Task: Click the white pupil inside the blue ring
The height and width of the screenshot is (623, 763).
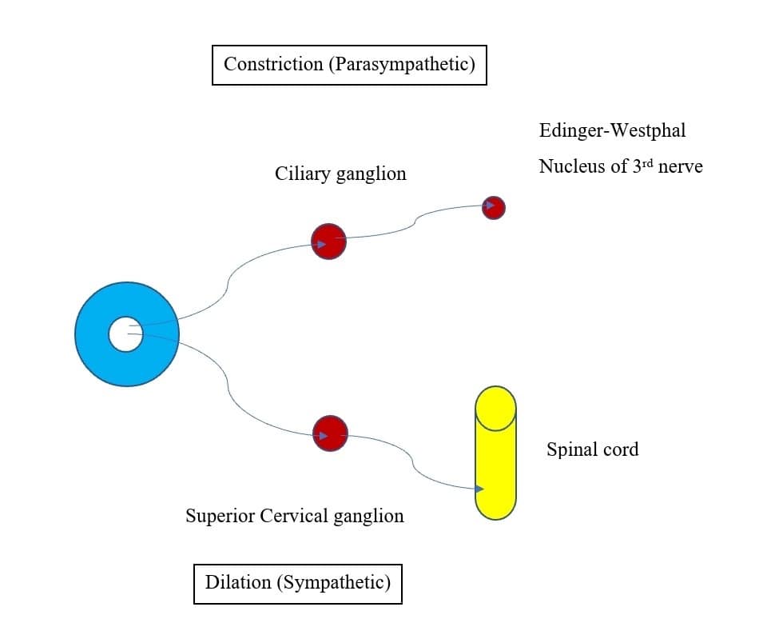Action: (125, 334)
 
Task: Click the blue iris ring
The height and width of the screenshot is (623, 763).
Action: (92, 334)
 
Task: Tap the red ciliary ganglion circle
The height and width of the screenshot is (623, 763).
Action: (328, 241)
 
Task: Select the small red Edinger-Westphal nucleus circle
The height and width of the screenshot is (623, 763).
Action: (494, 208)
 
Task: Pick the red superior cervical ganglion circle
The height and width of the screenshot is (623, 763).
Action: (330, 433)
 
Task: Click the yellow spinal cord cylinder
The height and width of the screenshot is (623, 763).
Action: (495, 464)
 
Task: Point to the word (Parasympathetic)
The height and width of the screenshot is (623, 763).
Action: (402, 64)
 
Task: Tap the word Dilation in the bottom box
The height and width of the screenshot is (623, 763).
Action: (238, 582)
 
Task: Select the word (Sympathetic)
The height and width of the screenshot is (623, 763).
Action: (334, 582)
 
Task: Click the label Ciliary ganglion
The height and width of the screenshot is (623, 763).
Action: (340, 174)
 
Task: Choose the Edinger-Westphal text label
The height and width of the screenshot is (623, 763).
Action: (612, 130)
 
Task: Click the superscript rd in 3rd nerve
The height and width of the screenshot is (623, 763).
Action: (648, 163)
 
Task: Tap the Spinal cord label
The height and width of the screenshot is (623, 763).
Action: (592, 449)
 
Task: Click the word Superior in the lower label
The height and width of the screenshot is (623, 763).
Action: (220, 516)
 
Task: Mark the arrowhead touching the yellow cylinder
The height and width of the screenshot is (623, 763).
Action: (479, 488)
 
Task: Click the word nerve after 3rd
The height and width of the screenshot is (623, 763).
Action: (681, 167)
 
